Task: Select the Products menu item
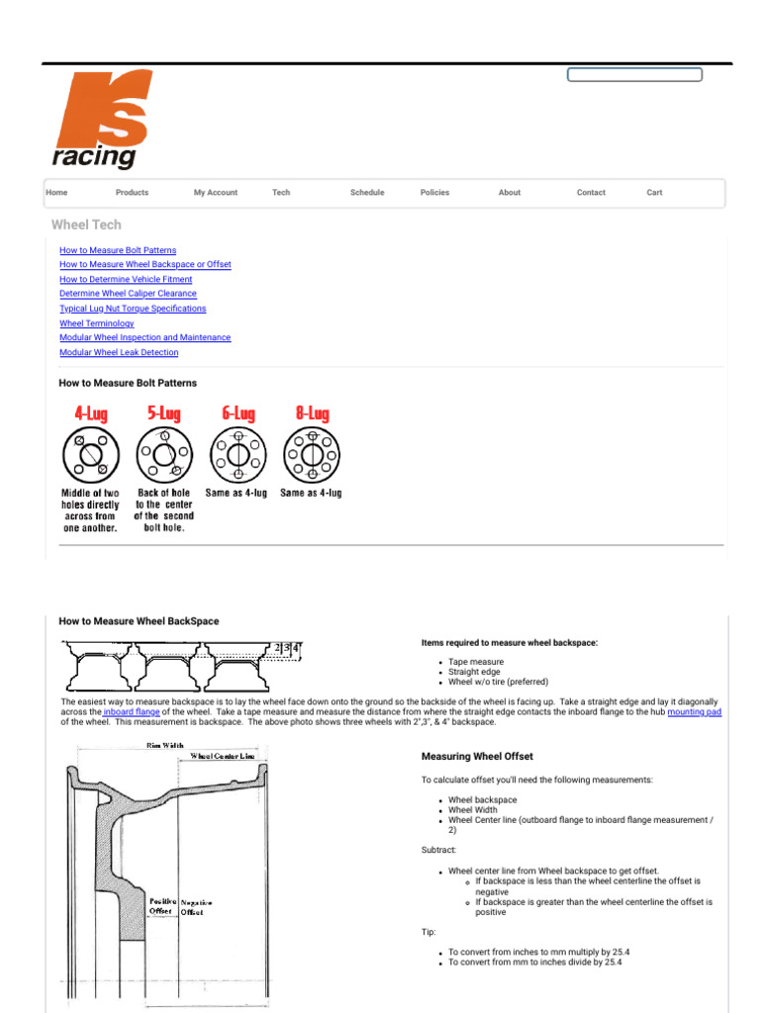[132, 193]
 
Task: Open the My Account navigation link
[215, 193]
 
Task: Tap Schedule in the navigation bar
[367, 193]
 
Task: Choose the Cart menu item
[654, 193]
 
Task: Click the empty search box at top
[634, 74]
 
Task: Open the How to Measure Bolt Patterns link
[118, 250]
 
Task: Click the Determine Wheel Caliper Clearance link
[128, 294]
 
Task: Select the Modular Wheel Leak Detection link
[119, 352]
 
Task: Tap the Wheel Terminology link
[97, 323]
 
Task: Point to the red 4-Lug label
[91, 414]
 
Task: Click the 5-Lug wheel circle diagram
[164, 456]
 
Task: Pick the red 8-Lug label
[313, 414]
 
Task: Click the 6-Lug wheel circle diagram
[237, 456]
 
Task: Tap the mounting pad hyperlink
[695, 711]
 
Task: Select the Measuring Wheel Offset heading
[477, 757]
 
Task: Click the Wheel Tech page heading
[86, 225]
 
